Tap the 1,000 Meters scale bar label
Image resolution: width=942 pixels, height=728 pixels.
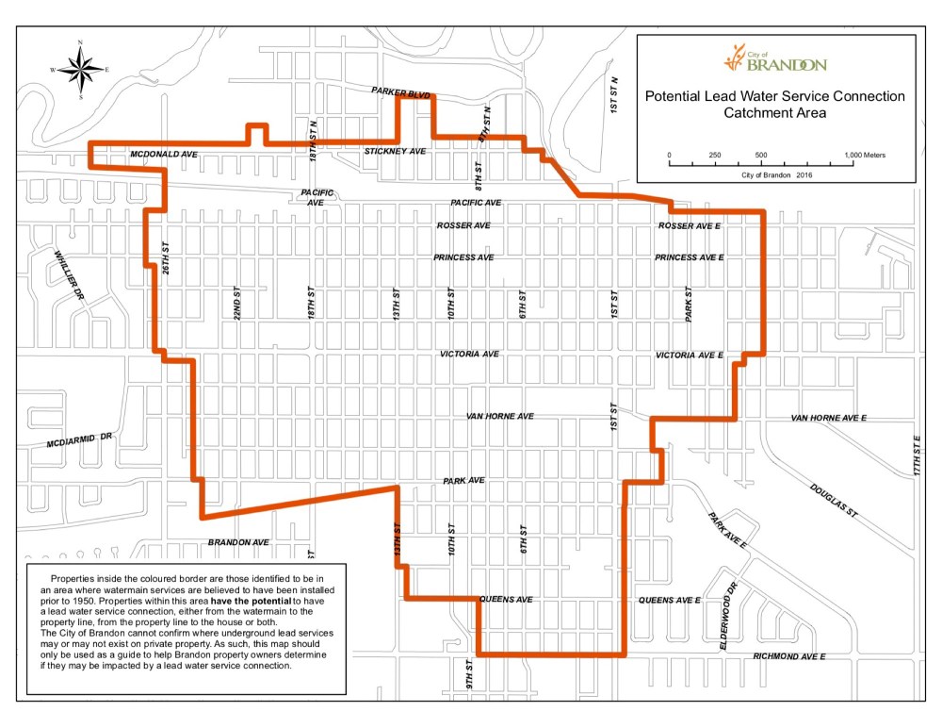coord(865,154)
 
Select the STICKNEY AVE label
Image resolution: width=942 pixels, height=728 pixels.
coord(396,151)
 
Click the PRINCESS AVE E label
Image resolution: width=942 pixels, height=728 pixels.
coord(689,257)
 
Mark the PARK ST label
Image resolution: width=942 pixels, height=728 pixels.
coord(689,305)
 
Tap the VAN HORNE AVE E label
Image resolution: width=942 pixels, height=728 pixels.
coord(828,417)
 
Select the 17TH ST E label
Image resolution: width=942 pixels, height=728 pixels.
coord(915,455)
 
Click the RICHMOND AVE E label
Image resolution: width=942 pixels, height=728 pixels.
coord(788,655)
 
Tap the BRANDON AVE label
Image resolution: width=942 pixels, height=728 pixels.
coord(238,542)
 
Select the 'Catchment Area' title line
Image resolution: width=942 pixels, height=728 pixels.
coord(774,113)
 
